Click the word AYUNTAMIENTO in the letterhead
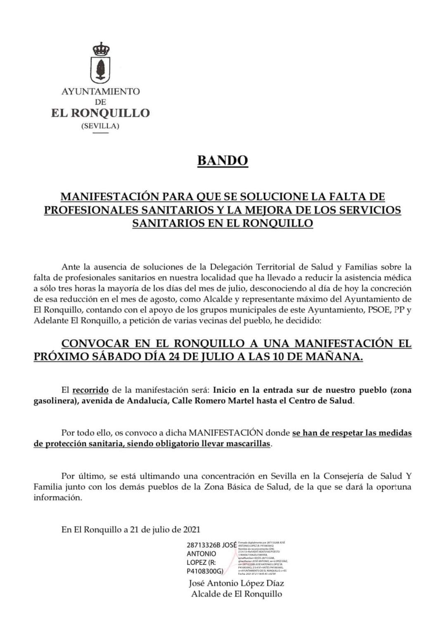[100, 91]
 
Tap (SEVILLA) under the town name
[100, 126]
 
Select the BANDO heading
[223, 160]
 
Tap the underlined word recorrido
[90, 390]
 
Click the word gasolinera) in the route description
[56, 401]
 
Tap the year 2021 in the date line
[192, 529]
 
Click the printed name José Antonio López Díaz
[236, 583]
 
